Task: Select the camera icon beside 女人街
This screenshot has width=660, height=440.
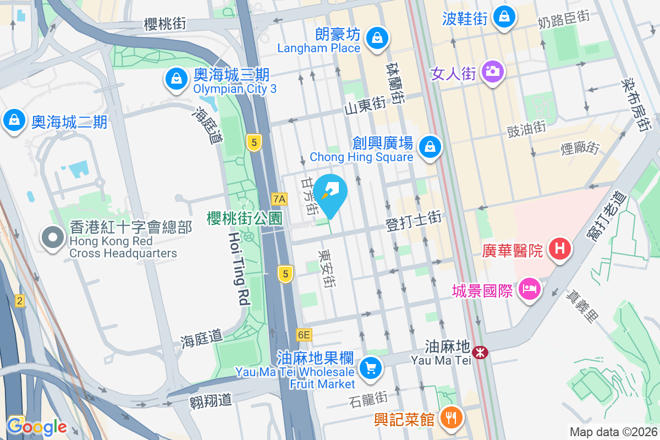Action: [x=491, y=71]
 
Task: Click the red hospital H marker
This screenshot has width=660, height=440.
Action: [x=559, y=249]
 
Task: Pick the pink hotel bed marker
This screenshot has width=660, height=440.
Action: [x=529, y=288]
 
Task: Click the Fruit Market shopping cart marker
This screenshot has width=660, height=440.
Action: [x=370, y=367]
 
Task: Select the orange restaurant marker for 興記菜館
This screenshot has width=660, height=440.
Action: [x=451, y=417]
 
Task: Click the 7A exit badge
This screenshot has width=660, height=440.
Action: [x=279, y=199]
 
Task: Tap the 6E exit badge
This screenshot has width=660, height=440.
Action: [x=303, y=334]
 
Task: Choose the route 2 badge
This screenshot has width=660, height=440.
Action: [x=20, y=301]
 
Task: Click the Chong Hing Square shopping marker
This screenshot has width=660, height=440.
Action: [x=430, y=147]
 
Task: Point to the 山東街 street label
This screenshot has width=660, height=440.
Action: [x=364, y=105]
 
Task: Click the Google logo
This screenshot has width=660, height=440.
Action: [x=37, y=426]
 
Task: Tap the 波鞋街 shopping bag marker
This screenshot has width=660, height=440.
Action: [x=503, y=18]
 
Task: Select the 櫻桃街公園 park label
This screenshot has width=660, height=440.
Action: [x=244, y=218]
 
